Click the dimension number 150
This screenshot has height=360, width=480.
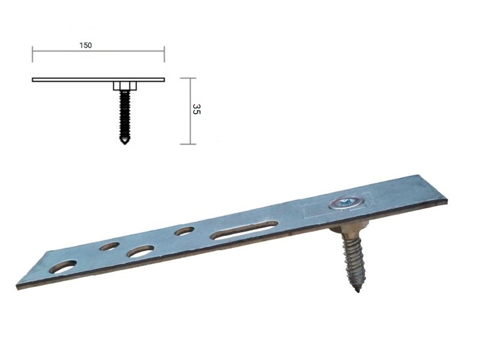(x=85, y=45)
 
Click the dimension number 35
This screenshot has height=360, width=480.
(x=196, y=109)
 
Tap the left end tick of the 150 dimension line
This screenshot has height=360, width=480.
(x=32, y=55)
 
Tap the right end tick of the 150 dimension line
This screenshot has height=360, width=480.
(x=164, y=55)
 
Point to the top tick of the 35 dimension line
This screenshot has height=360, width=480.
(x=188, y=78)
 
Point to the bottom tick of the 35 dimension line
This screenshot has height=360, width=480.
(x=188, y=144)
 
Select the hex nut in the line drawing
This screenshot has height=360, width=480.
(x=124, y=86)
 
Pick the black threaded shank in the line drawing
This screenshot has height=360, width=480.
(x=124, y=115)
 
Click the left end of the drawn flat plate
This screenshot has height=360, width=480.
(x=32, y=80)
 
